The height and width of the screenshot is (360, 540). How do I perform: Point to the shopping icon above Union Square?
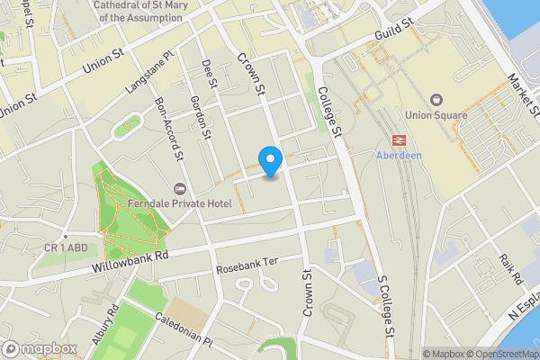point(437,99)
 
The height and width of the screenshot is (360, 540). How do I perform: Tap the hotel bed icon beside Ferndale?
point(179,189)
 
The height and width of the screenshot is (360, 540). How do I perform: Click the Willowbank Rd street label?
point(130,262)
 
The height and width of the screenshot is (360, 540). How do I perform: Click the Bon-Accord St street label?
point(169,127)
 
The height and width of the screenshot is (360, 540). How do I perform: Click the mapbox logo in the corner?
point(40,348)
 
